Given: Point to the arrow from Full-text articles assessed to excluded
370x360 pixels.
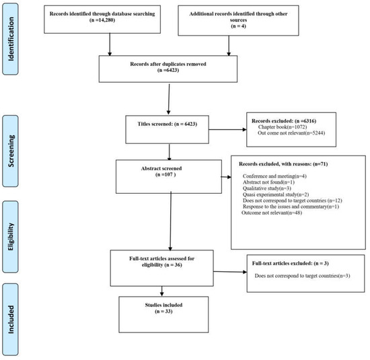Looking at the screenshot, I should coord(226,271).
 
